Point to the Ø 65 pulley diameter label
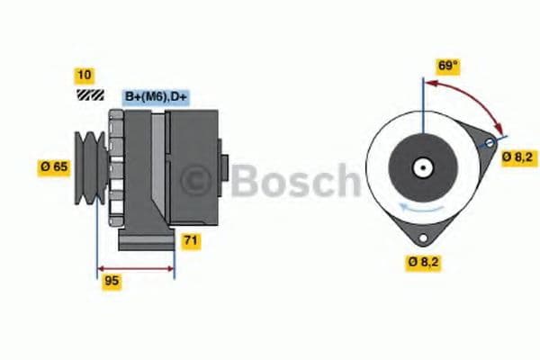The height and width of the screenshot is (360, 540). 53,166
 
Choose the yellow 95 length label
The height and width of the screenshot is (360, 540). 111,281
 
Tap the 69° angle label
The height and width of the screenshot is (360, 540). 448,66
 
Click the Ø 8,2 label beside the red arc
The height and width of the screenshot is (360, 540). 518,156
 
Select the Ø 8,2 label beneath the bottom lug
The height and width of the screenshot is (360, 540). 423,263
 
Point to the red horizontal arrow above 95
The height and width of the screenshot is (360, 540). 136,267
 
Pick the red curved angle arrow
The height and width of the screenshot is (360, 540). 468,99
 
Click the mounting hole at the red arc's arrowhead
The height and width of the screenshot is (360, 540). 490,144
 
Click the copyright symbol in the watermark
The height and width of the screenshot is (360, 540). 196,180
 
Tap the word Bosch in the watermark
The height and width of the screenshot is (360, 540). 292,180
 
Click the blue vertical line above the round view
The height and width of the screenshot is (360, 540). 420,99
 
